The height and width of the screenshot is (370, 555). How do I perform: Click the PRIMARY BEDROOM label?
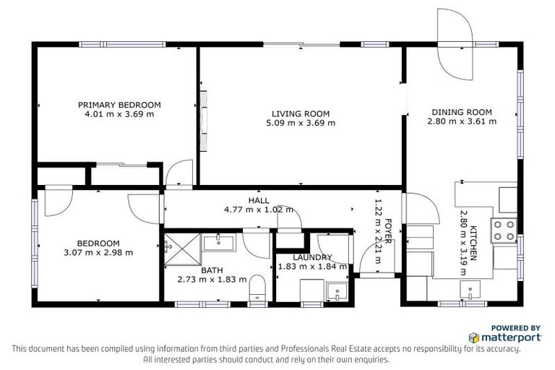(119, 105)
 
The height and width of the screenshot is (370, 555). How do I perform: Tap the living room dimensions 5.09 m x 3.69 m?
(301, 123)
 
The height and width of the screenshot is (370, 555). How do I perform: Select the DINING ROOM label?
(462, 112)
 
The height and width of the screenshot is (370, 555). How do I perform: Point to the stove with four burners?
(504, 231)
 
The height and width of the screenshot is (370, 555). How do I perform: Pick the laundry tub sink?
(335, 291)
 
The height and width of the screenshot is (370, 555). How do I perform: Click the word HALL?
(259, 200)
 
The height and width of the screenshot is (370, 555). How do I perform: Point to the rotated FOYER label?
(387, 232)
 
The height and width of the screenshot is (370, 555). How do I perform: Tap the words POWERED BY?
(516, 327)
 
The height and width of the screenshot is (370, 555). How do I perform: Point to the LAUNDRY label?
(312, 257)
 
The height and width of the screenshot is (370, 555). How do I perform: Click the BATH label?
(212, 270)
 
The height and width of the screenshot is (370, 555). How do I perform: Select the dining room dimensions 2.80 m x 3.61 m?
(462, 121)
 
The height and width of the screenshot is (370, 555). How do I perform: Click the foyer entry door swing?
(372, 255)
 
